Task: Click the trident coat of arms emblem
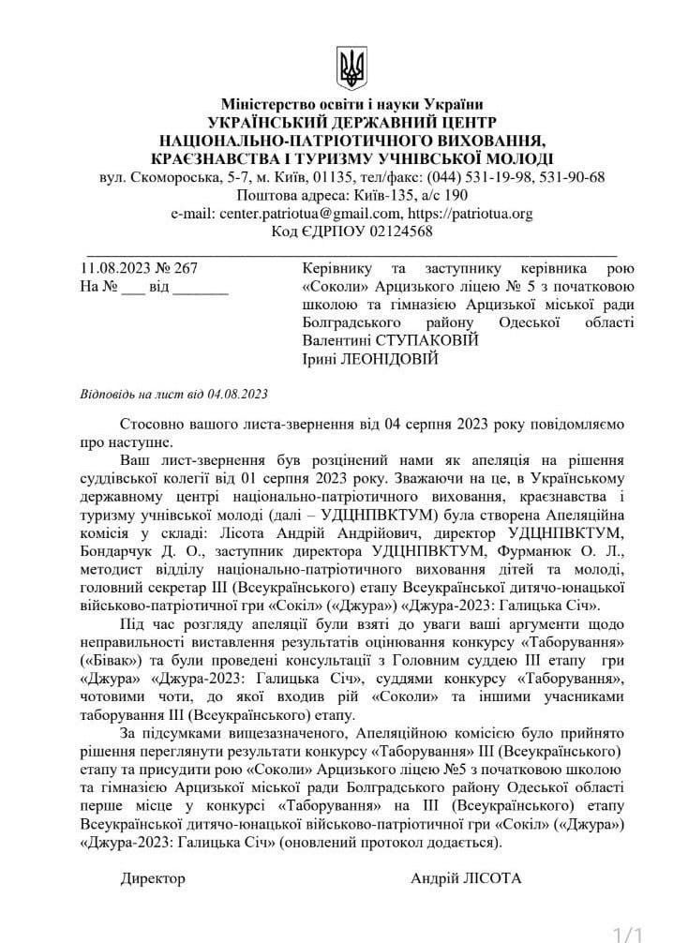coord(351,69)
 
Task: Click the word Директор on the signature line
coord(153,878)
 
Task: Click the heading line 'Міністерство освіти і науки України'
coord(352,105)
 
